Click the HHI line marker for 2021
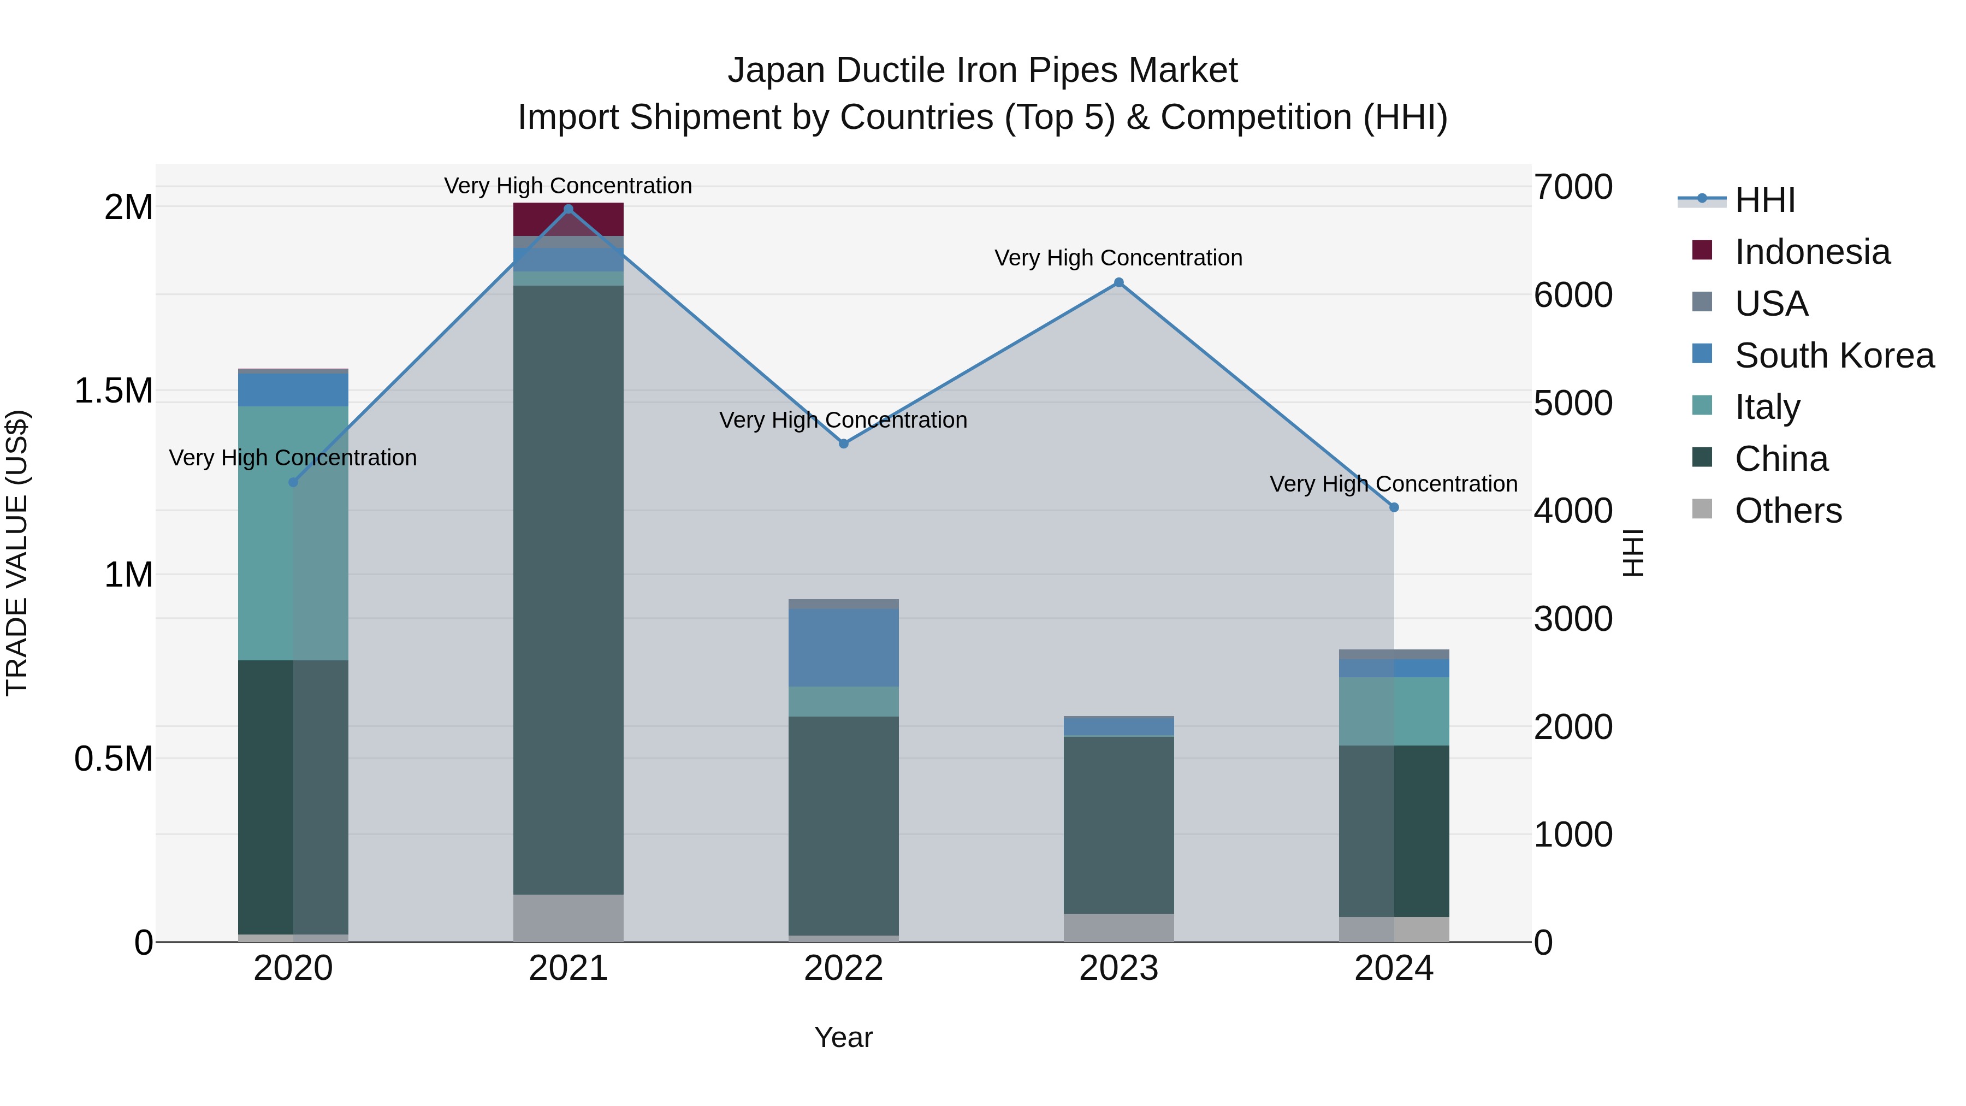tap(568, 209)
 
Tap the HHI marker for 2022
tap(843, 443)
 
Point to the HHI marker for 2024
tap(1394, 507)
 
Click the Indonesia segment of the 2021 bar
tap(568, 220)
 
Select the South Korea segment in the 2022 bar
tap(843, 647)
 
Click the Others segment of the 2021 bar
tap(568, 918)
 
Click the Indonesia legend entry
tap(1812, 252)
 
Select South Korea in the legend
tap(1834, 356)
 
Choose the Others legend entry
tap(1787, 511)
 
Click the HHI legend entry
tap(1764, 200)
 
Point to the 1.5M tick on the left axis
tap(113, 391)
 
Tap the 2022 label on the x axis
tap(843, 968)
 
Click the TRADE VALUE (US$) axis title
tap(17, 553)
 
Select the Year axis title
tap(843, 1037)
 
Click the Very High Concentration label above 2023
tap(1118, 258)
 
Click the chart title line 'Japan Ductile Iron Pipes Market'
tap(982, 70)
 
